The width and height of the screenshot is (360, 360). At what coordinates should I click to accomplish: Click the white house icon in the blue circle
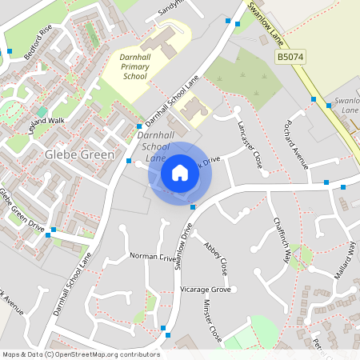click(179, 172)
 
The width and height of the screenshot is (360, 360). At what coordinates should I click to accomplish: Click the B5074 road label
click(290, 58)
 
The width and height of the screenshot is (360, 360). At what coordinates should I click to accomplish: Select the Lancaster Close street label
click(250, 144)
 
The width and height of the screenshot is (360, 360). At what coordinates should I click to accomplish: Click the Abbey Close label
click(216, 255)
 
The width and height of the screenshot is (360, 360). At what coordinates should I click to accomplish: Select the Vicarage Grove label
click(206, 289)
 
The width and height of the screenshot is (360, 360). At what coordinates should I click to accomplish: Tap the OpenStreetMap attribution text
click(80, 354)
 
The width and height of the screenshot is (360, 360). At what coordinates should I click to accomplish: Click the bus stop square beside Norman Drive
click(193, 207)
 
